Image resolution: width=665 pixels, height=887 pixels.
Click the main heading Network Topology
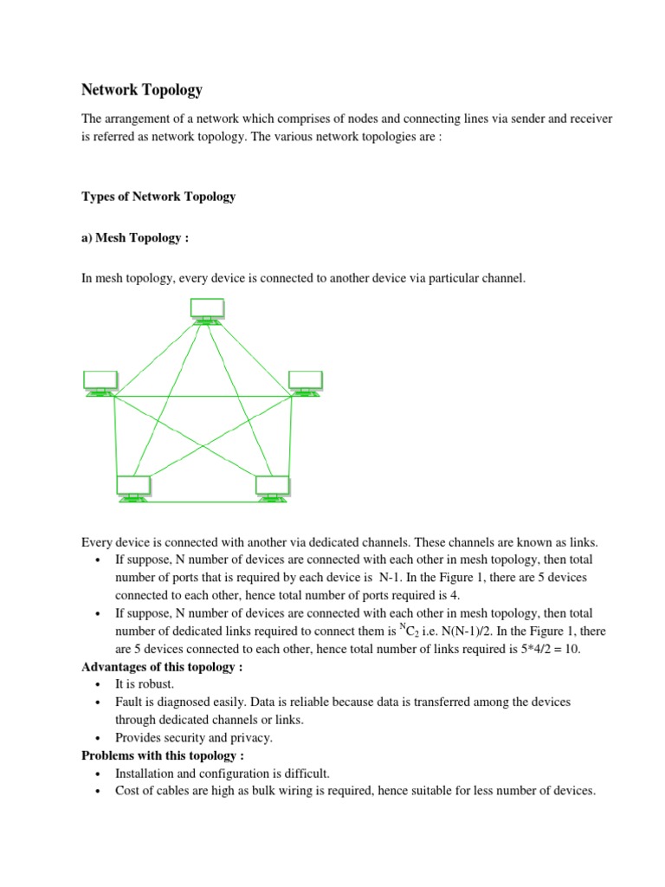click(141, 89)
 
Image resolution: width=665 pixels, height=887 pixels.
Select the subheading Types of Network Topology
click(158, 197)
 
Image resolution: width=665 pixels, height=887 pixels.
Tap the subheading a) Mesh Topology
click(134, 238)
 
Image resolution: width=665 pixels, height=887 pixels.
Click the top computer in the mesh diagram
click(207, 310)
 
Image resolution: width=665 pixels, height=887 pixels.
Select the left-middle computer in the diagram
click(100, 381)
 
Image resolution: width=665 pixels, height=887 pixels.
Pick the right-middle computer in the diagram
click(305, 381)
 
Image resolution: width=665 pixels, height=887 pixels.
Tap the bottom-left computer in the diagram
click(133, 488)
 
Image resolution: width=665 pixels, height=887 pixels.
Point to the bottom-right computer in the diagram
click(273, 488)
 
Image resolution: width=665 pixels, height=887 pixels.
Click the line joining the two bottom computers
click(203, 501)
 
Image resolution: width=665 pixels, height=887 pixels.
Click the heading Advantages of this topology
click(162, 666)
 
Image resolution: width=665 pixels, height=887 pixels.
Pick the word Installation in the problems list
click(145, 774)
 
